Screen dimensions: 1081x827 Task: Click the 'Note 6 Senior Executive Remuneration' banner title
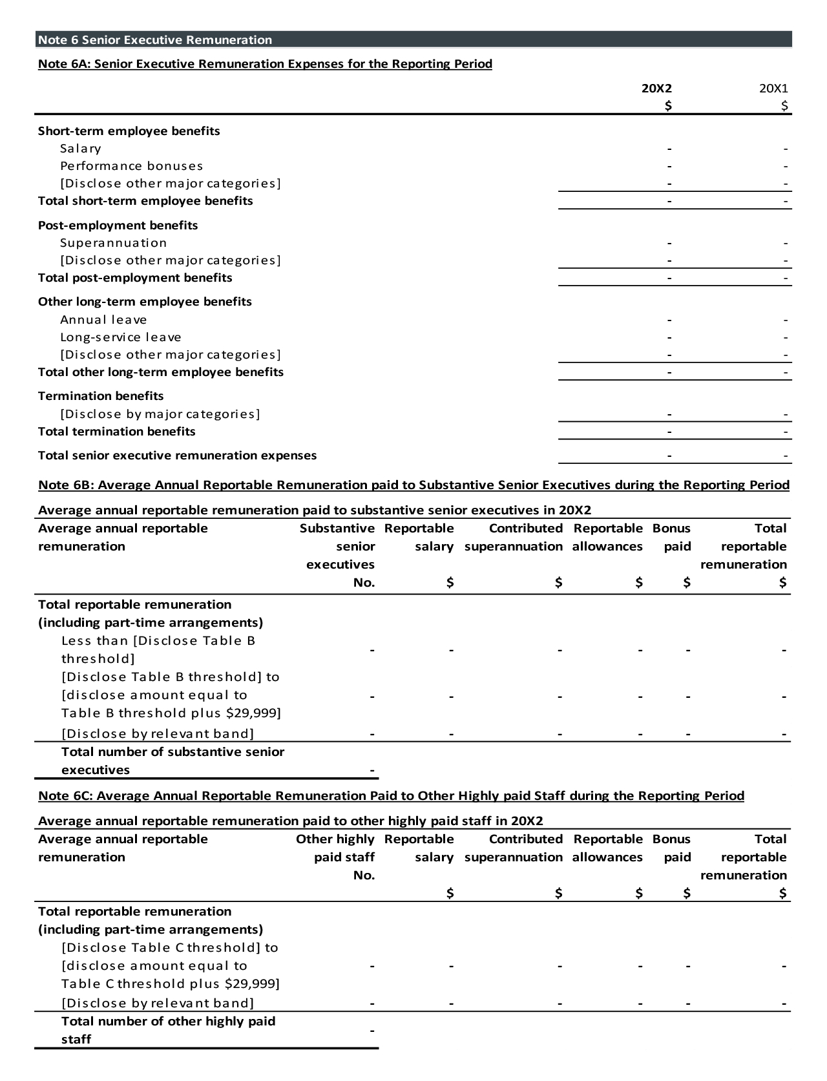155,40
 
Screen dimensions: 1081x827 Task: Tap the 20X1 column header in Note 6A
773,89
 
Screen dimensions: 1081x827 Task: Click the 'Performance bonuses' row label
132,166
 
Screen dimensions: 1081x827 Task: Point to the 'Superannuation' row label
114,243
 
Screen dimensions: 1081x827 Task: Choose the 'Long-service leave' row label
121,337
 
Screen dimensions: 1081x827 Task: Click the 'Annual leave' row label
103,320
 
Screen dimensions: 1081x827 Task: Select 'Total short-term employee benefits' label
145,201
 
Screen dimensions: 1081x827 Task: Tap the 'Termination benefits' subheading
101,396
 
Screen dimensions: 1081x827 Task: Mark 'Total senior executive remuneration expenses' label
178,456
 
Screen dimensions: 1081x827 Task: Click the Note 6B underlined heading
413,485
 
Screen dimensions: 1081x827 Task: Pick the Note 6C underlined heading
391,796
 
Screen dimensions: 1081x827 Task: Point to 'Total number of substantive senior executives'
173,761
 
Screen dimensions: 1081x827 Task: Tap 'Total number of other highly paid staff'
168,1030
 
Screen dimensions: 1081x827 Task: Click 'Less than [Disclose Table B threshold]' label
158,649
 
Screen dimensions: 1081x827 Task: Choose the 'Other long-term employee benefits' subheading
145,302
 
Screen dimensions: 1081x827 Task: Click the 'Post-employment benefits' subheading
118,226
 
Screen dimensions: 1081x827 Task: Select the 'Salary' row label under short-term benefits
81,149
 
